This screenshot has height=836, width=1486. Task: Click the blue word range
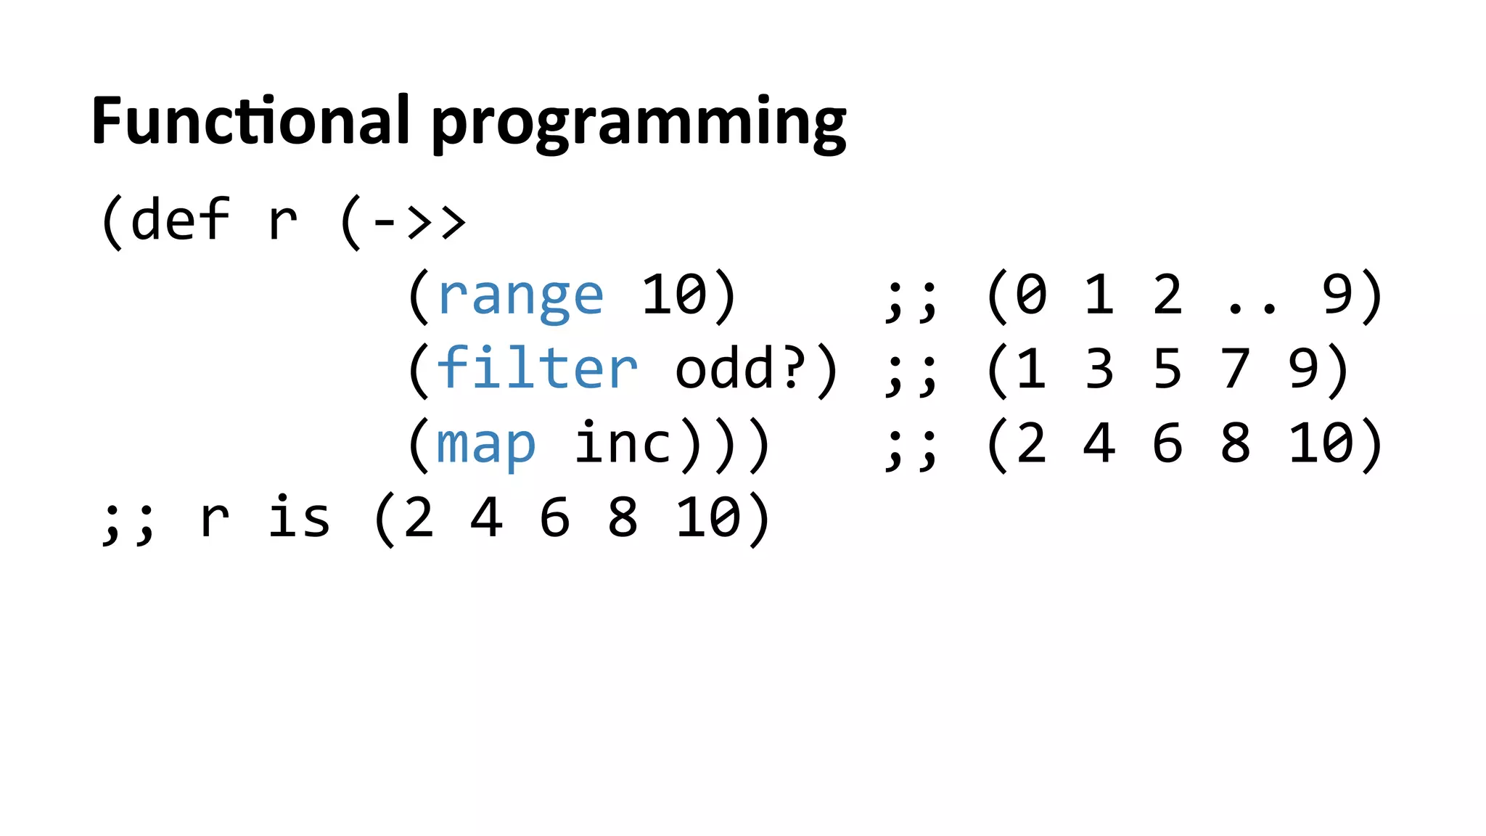point(520,296)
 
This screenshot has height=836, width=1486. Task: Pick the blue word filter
point(537,369)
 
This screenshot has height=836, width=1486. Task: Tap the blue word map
point(485,444)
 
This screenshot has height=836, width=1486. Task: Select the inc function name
point(623,443)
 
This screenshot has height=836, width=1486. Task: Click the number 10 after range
point(673,295)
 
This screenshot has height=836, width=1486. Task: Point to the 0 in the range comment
point(1031,295)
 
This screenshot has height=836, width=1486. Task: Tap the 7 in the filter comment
point(1235,369)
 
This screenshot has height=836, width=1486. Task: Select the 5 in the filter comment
point(1167,369)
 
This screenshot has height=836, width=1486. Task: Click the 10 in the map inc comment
point(1321,443)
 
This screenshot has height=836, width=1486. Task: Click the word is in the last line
point(299,518)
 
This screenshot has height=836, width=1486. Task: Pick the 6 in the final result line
point(554,518)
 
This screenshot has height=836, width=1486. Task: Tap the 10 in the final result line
point(707,518)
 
